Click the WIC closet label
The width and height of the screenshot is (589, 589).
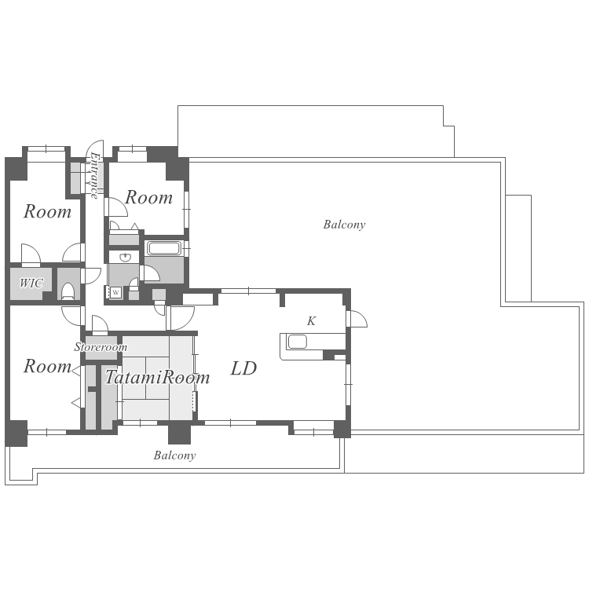pyautogui.click(x=31, y=283)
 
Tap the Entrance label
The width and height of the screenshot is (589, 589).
pyautogui.click(x=94, y=175)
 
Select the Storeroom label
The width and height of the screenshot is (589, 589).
pyautogui.click(x=101, y=346)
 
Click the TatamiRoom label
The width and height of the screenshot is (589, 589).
pyautogui.click(x=157, y=377)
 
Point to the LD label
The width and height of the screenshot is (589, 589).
pyautogui.click(x=243, y=368)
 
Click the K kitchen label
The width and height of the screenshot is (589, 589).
pyautogui.click(x=312, y=320)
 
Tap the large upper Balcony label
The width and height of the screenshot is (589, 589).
pyautogui.click(x=344, y=225)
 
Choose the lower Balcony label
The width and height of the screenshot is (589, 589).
pyautogui.click(x=174, y=455)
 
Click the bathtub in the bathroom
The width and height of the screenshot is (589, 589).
pyautogui.click(x=164, y=248)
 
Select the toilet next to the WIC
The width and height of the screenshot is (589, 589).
pyautogui.click(x=68, y=291)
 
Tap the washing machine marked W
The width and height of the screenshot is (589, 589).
pyautogui.click(x=115, y=293)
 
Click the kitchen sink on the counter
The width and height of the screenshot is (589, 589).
pyautogui.click(x=297, y=342)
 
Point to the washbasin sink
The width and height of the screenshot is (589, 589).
pyautogui.click(x=125, y=258)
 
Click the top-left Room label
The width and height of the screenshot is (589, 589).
pyautogui.click(x=47, y=211)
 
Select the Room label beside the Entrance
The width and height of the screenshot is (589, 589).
pyautogui.click(x=148, y=197)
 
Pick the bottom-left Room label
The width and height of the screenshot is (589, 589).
pyautogui.click(x=47, y=366)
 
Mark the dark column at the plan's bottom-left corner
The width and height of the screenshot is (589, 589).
pyautogui.click(x=16, y=434)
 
